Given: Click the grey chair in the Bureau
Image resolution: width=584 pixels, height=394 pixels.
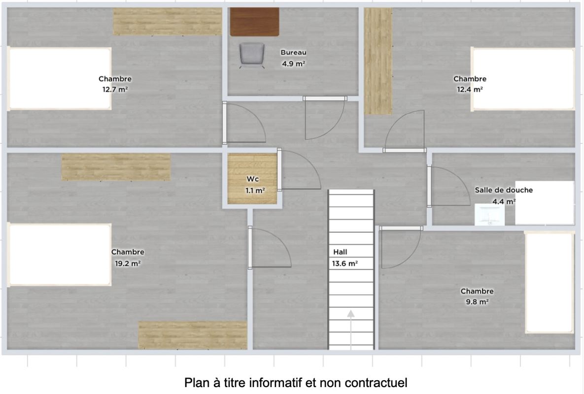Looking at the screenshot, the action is (252, 56).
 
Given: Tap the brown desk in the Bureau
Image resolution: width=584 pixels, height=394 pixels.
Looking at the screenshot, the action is (254, 22).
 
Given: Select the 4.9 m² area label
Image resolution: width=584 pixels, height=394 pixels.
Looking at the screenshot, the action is (294, 64).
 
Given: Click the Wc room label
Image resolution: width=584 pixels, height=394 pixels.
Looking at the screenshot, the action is (252, 179).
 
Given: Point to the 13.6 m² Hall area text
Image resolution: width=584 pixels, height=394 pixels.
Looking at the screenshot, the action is (345, 263).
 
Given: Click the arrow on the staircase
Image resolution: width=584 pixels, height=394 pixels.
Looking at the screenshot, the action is (351, 330).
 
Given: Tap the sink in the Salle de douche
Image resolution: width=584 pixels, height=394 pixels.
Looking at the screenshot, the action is (489, 214).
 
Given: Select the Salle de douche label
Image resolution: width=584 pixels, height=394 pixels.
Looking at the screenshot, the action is (504, 190).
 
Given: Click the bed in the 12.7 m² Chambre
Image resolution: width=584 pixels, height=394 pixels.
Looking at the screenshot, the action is (60, 78).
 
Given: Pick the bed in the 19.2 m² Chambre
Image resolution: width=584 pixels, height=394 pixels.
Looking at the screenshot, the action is (60, 255).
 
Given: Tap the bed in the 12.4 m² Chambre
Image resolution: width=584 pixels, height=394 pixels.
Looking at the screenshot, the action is (523, 79).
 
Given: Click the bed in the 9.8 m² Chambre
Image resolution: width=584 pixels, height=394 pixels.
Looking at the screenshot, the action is (550, 283).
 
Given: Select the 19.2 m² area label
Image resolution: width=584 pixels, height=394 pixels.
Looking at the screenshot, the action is (128, 263).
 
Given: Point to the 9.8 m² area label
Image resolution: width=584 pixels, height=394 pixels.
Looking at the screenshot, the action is (478, 302).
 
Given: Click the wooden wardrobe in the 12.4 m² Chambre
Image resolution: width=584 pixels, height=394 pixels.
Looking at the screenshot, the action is (378, 62).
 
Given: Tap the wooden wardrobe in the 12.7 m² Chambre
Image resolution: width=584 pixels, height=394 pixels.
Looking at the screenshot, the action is (168, 22).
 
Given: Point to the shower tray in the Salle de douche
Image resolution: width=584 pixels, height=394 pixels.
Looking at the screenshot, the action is (545, 203).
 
